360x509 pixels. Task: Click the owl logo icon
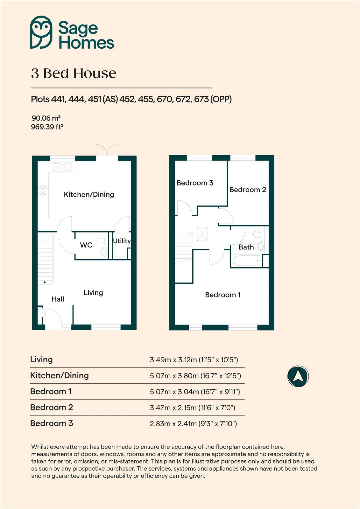click(x=41, y=32)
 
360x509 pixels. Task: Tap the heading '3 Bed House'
click(x=74, y=73)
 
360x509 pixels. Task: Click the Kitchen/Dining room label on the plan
click(x=89, y=194)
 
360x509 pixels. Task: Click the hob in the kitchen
click(x=43, y=191)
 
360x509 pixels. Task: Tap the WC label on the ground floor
click(x=86, y=245)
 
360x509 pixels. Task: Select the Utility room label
click(x=122, y=241)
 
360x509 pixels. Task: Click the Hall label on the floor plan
click(x=58, y=299)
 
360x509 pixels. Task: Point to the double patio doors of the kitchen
click(x=107, y=151)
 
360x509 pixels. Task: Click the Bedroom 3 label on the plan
click(x=195, y=183)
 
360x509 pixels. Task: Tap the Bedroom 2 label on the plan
click(x=248, y=190)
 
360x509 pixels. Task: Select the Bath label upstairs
click(x=246, y=247)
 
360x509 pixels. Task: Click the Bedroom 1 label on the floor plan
click(x=222, y=295)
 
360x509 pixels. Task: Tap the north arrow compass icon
click(x=298, y=376)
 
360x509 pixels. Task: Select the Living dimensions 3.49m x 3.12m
click(x=194, y=360)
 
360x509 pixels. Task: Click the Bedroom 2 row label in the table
click(x=52, y=407)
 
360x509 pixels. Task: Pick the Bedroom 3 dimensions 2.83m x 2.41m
click(x=193, y=423)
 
